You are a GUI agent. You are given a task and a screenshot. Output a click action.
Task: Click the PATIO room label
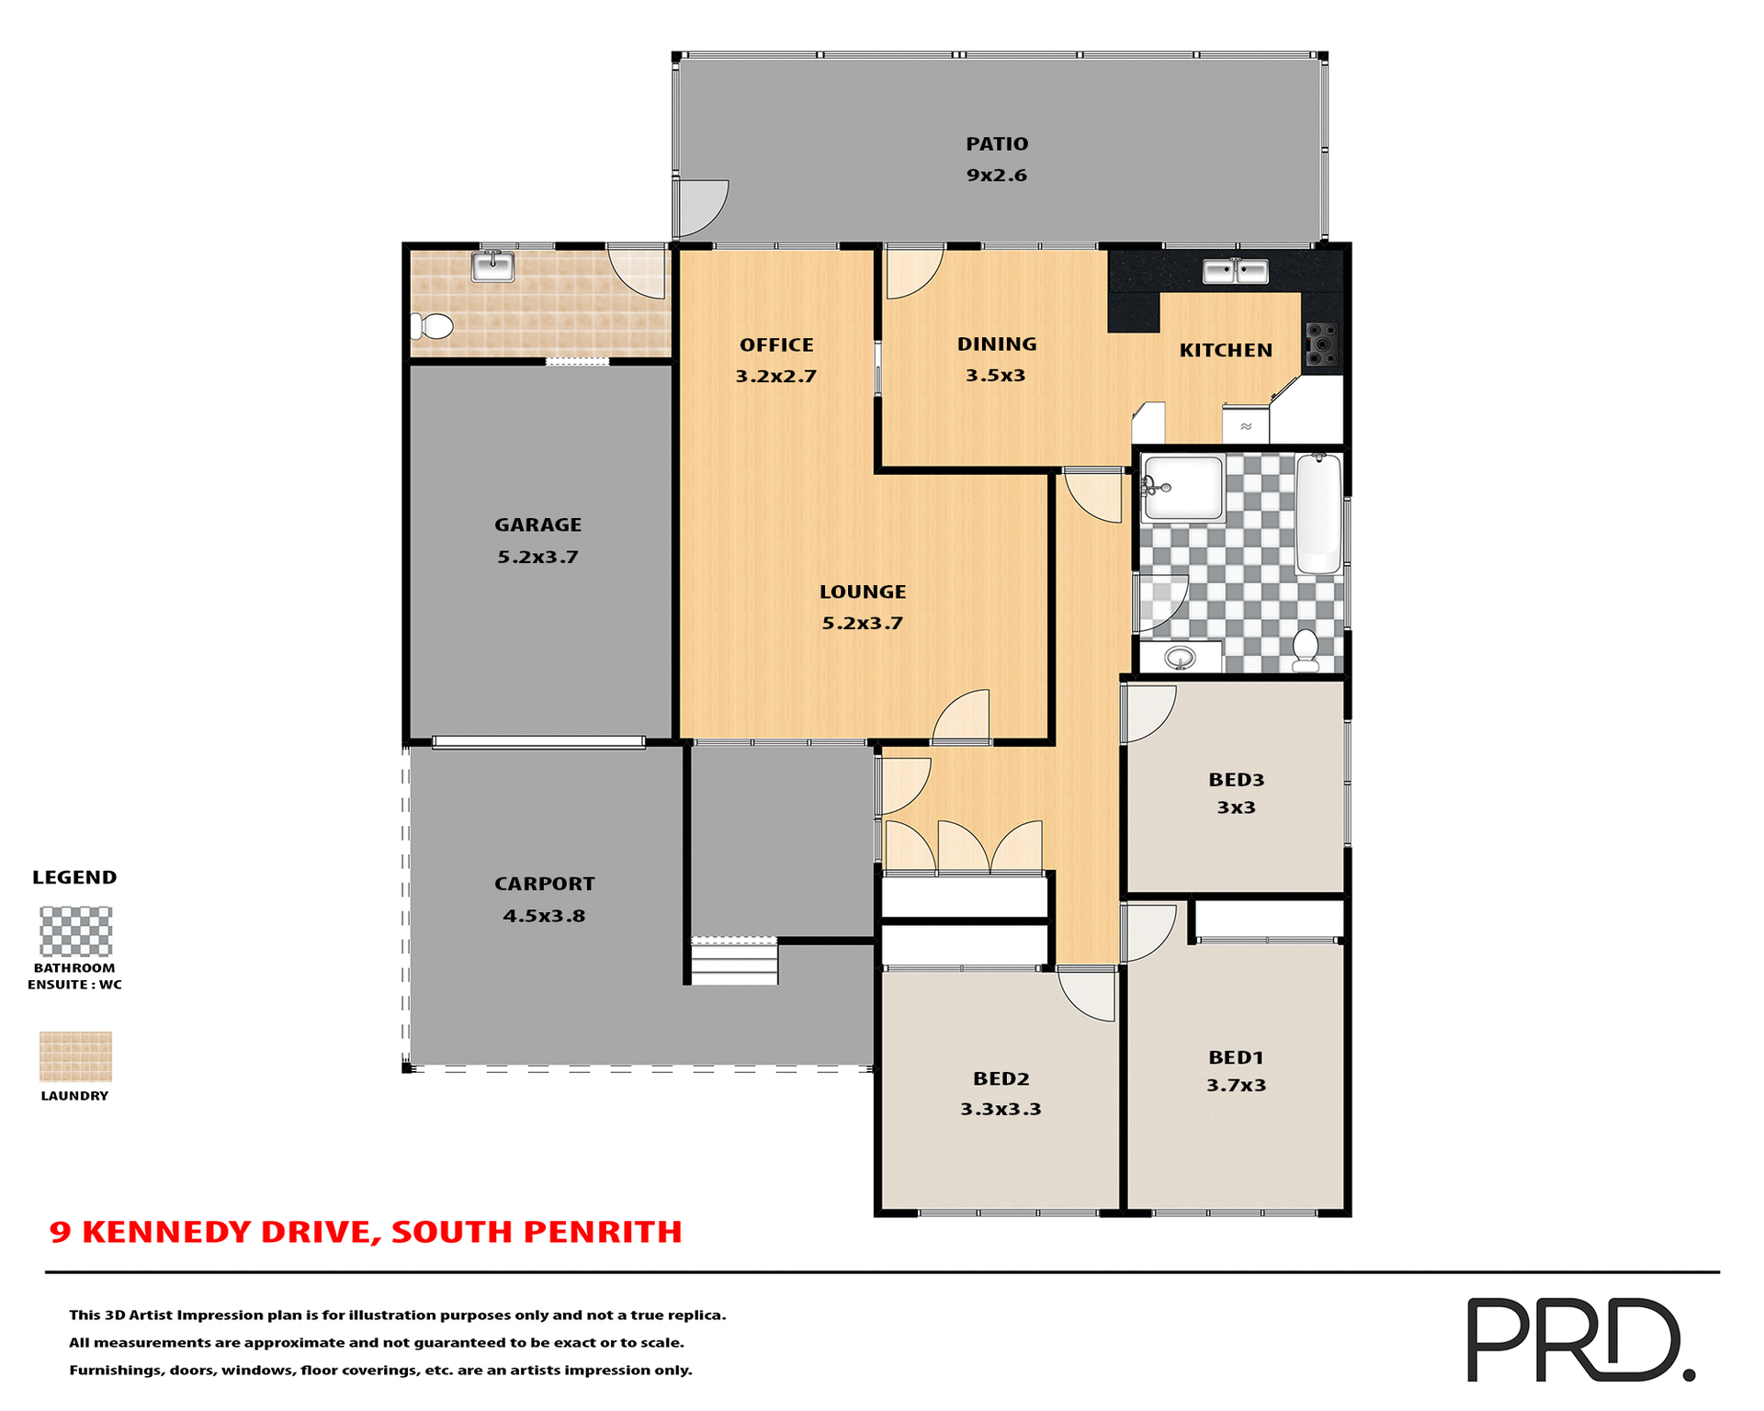[997, 144]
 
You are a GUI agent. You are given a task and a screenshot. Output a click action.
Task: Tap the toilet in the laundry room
[433, 326]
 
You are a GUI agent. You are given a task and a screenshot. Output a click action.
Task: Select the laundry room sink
[492, 266]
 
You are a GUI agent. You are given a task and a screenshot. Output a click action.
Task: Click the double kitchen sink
[1236, 271]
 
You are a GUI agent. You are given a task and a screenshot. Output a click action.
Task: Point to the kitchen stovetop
[1321, 344]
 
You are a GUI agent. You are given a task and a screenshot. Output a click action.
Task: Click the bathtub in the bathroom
[1318, 514]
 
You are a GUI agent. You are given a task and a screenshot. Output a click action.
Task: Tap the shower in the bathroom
[1182, 488]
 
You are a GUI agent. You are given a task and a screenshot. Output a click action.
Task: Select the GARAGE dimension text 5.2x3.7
[537, 557]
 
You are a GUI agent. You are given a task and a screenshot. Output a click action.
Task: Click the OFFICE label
[776, 345]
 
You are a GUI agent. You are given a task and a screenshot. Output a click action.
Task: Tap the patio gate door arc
[700, 207]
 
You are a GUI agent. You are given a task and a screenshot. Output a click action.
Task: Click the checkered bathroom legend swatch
[75, 931]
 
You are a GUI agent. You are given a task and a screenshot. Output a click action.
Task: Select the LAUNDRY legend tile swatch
[75, 1056]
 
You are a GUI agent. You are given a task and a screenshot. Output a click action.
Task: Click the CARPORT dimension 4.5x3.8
[544, 916]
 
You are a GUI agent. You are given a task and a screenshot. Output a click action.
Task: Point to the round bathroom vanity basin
[1180, 658]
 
